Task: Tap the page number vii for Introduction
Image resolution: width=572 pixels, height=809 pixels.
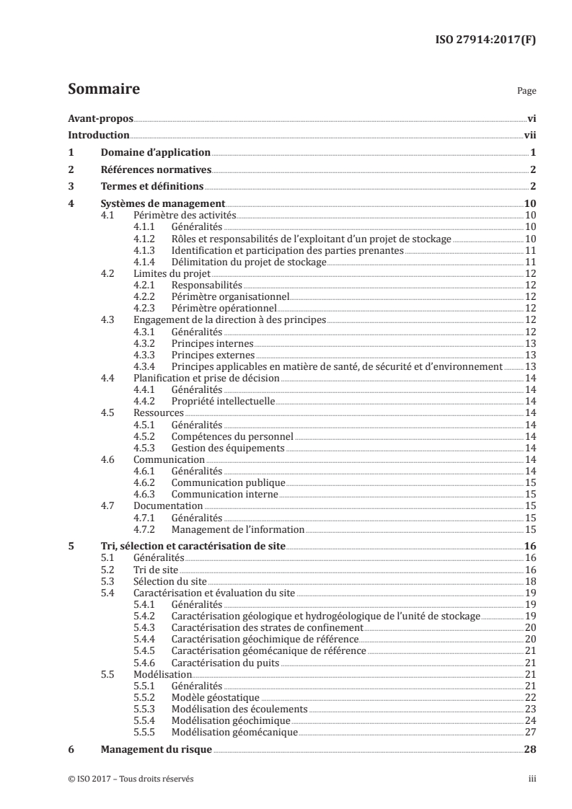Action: coord(529,136)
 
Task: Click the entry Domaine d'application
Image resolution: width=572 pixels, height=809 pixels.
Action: coord(155,153)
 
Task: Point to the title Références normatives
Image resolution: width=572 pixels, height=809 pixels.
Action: coord(156,170)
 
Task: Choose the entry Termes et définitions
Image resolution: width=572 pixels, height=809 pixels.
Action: coord(151,187)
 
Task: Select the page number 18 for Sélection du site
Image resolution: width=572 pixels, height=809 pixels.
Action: coord(529,581)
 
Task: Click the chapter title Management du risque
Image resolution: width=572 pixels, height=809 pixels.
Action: coord(156,750)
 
